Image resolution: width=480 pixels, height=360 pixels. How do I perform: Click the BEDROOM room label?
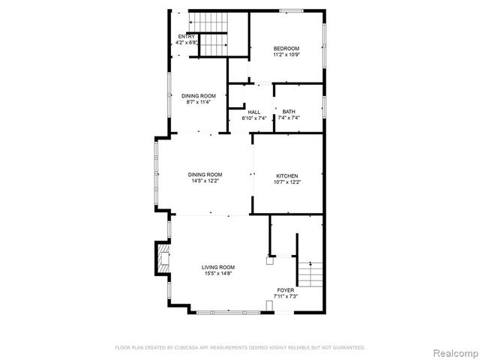[286, 48]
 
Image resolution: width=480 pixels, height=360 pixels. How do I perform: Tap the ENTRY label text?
[186, 36]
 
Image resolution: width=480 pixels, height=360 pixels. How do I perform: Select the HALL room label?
[254, 112]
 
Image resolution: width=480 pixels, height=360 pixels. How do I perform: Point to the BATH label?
[289, 112]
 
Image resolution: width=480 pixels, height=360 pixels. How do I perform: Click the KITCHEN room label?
[287, 175]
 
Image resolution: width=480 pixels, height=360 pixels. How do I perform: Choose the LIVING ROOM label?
[218, 267]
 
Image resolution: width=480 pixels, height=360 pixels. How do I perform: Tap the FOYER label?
[286, 289]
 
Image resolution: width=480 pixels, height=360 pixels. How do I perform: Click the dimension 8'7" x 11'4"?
[199, 102]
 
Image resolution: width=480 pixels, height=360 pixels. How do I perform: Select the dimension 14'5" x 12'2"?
[205, 181]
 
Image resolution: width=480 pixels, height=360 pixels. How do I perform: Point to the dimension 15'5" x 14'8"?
[218, 274]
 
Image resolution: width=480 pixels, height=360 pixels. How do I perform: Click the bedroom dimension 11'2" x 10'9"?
[286, 55]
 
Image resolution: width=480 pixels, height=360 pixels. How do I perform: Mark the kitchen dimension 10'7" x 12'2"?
[287, 181]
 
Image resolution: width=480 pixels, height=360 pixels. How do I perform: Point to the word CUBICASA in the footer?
[184, 347]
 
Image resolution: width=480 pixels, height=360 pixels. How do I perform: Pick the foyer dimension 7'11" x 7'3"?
[286, 296]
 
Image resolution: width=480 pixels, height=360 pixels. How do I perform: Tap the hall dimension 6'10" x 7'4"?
[254, 118]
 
